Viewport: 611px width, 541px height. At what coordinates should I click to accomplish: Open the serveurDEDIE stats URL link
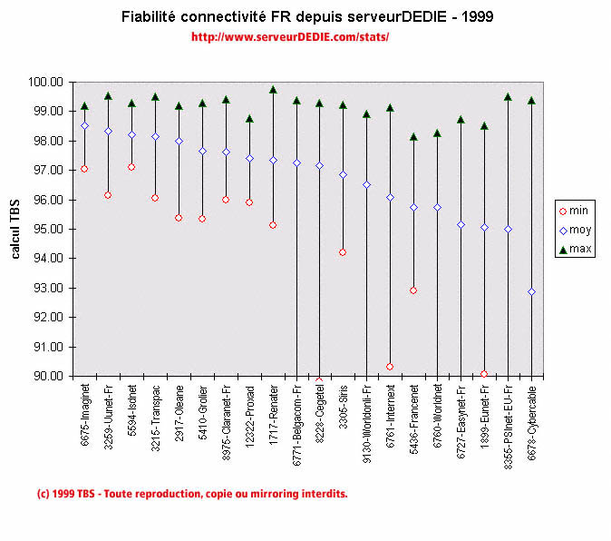coord(290,37)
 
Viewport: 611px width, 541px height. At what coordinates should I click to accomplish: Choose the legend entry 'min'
coord(573,210)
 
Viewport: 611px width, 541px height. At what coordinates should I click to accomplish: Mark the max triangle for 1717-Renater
coord(273,90)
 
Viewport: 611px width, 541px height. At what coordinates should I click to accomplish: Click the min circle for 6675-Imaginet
coord(84,169)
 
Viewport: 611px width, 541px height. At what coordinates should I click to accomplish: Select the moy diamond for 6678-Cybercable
coord(531,291)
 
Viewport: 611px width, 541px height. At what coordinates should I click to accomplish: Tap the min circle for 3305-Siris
coord(343,252)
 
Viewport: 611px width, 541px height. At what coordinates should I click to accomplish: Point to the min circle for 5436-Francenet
coord(413,290)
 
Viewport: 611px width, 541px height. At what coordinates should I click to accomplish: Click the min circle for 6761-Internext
coord(390,367)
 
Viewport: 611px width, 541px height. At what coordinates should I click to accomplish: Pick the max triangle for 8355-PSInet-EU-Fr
coord(508,97)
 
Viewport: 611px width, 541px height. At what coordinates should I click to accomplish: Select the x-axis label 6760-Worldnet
coord(437,413)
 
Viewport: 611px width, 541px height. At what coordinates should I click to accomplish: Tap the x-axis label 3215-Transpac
coord(155,413)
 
